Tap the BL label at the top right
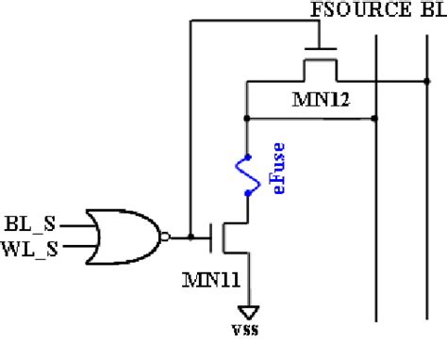point(428,10)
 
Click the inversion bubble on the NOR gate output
point(167,237)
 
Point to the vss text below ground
point(247,329)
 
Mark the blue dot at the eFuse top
point(246,156)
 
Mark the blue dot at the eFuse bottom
point(246,193)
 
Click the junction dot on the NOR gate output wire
point(190,237)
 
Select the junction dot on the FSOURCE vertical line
point(376,119)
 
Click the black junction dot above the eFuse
point(246,119)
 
